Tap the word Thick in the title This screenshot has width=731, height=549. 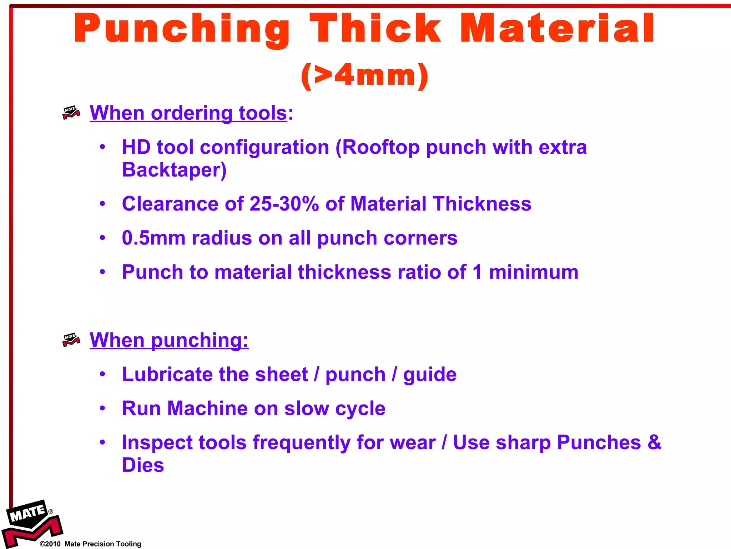point(375,29)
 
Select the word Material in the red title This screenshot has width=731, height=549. point(557,29)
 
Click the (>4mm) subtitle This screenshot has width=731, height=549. point(364,75)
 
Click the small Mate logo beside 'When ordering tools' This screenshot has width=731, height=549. point(71,113)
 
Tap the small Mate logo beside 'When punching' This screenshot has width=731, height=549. point(71,340)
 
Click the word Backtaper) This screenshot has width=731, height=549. point(174,170)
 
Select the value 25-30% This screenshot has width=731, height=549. point(284,204)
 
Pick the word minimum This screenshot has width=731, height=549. point(534,272)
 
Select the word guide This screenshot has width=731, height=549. point(430,375)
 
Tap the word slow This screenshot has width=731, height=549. point(306,408)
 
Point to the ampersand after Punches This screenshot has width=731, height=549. point(654,442)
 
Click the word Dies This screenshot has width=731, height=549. point(143,465)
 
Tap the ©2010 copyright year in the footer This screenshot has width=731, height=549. point(50,544)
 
